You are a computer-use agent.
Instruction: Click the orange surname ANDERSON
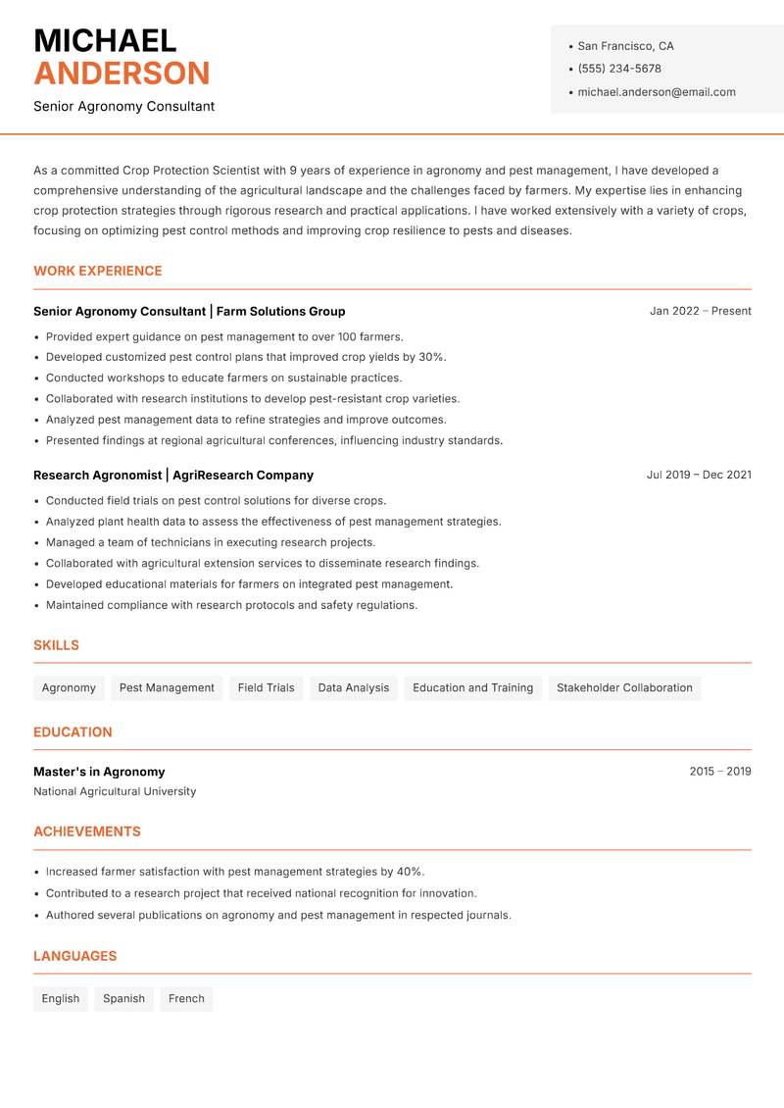pos(122,74)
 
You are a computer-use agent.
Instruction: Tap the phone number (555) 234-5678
pos(619,69)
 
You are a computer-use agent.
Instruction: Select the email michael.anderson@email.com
pos(656,92)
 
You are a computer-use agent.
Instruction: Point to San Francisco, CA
pos(625,46)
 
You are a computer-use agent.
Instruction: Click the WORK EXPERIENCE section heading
pos(98,271)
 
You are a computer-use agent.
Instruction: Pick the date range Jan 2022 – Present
pos(700,311)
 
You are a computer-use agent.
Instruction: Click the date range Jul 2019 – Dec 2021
pos(699,475)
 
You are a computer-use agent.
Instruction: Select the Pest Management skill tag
pos(167,687)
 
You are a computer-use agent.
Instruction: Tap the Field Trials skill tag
pos(266,687)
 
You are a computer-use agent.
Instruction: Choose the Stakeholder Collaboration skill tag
pos(624,687)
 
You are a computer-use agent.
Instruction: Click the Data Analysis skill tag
pos(353,687)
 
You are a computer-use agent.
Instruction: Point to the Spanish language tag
pos(123,998)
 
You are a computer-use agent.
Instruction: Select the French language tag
pos(186,998)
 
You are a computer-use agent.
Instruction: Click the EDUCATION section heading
pos(73,731)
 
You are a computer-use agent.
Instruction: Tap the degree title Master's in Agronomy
pos(99,772)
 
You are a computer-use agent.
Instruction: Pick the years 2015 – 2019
pos(719,772)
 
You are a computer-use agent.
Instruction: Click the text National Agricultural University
pos(115,791)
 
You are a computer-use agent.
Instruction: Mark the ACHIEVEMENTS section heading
pos(87,831)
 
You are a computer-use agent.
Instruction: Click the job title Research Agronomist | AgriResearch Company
pos(173,475)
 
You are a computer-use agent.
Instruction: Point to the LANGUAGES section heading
pos(74,956)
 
